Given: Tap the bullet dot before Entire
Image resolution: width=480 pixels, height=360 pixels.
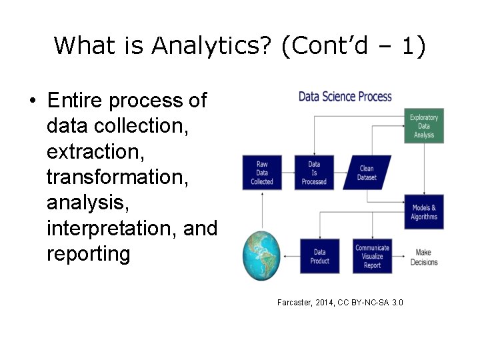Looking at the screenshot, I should (x=32, y=102).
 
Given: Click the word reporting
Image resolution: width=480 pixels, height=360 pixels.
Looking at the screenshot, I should (x=88, y=254).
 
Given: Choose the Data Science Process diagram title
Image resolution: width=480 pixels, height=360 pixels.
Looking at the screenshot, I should (x=345, y=97).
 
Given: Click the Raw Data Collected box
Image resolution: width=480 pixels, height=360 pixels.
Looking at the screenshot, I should (x=261, y=173).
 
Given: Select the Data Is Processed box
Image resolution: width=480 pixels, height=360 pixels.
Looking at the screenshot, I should (x=314, y=173).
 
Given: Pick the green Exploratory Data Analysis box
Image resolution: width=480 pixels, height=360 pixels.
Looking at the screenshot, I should (x=424, y=126).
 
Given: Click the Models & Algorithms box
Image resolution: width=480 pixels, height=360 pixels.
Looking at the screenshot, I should (x=424, y=213).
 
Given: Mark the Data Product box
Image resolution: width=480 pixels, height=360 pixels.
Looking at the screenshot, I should (x=320, y=257).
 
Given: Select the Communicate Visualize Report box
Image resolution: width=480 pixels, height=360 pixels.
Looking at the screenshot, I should (x=372, y=257).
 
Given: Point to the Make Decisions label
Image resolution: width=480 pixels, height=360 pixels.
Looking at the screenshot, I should (x=424, y=257).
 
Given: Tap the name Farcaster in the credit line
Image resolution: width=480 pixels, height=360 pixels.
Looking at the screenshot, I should (x=295, y=303).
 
